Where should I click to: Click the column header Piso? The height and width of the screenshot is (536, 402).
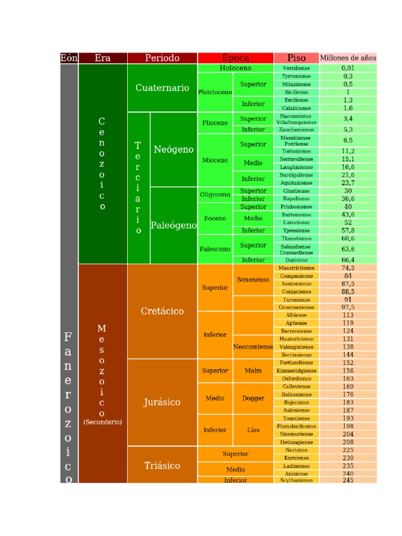296,58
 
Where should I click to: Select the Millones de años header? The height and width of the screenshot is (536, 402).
348,58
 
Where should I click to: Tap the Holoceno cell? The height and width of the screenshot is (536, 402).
236,68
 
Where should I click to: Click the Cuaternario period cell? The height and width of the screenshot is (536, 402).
162,88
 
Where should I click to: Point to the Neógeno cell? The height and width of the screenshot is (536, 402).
174,150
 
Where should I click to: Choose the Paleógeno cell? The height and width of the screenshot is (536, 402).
174,226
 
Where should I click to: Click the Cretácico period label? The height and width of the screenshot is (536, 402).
162,311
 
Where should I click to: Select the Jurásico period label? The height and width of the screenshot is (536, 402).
162,402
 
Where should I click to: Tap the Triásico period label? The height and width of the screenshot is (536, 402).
162,465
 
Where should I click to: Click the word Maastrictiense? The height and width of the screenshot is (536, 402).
296,267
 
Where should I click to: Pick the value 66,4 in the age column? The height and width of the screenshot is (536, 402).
348,260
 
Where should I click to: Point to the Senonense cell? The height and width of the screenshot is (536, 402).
253,280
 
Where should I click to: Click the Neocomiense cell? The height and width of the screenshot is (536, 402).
253,347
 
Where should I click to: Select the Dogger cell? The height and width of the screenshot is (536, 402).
253,398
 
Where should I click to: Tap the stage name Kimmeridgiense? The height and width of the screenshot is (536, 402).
296,371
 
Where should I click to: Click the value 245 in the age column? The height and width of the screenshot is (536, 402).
348,480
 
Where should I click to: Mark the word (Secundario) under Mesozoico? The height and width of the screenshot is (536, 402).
103,422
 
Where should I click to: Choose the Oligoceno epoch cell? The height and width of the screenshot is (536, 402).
215,195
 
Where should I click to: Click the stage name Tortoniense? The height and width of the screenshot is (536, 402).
296,151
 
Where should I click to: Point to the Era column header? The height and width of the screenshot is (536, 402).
103,58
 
